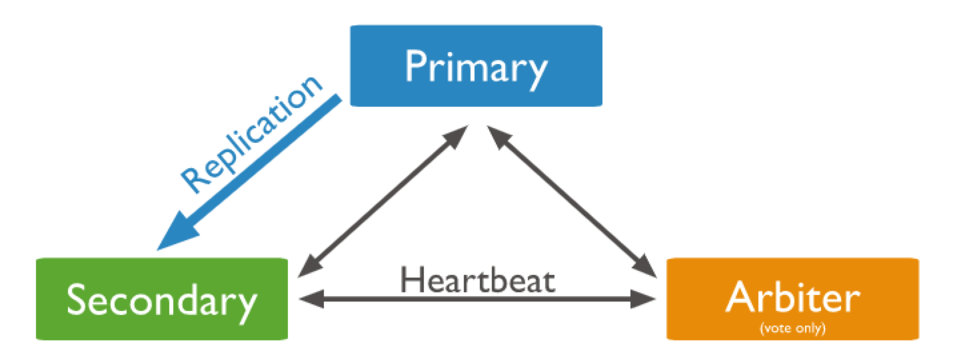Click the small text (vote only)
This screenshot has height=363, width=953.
792,328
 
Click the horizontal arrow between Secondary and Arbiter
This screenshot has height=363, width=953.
477,300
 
